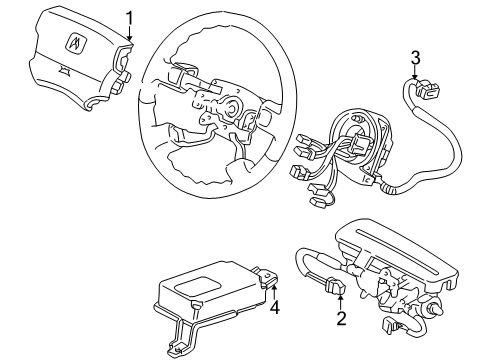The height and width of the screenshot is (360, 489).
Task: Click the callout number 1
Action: pos(129,18)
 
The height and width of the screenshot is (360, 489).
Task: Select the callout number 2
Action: pos(341,318)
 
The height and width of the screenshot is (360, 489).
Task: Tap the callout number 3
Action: pos(415,58)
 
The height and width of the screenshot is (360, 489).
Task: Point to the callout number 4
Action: pos(275,308)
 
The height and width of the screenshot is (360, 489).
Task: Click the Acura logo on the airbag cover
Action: pos(77,42)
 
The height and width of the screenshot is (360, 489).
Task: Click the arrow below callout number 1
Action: pos(129,33)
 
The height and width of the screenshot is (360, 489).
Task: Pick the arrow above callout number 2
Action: pos(340,303)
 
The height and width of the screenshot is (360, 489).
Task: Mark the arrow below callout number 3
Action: pos(415,72)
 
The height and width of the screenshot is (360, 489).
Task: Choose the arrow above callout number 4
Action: pos(274,292)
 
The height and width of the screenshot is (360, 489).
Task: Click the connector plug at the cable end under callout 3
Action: pos(428,88)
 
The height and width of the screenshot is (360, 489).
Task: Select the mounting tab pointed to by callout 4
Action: pos(268,276)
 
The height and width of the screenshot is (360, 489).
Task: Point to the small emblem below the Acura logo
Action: pos(64,69)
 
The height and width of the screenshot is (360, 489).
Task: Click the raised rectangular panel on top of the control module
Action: pos(198,285)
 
